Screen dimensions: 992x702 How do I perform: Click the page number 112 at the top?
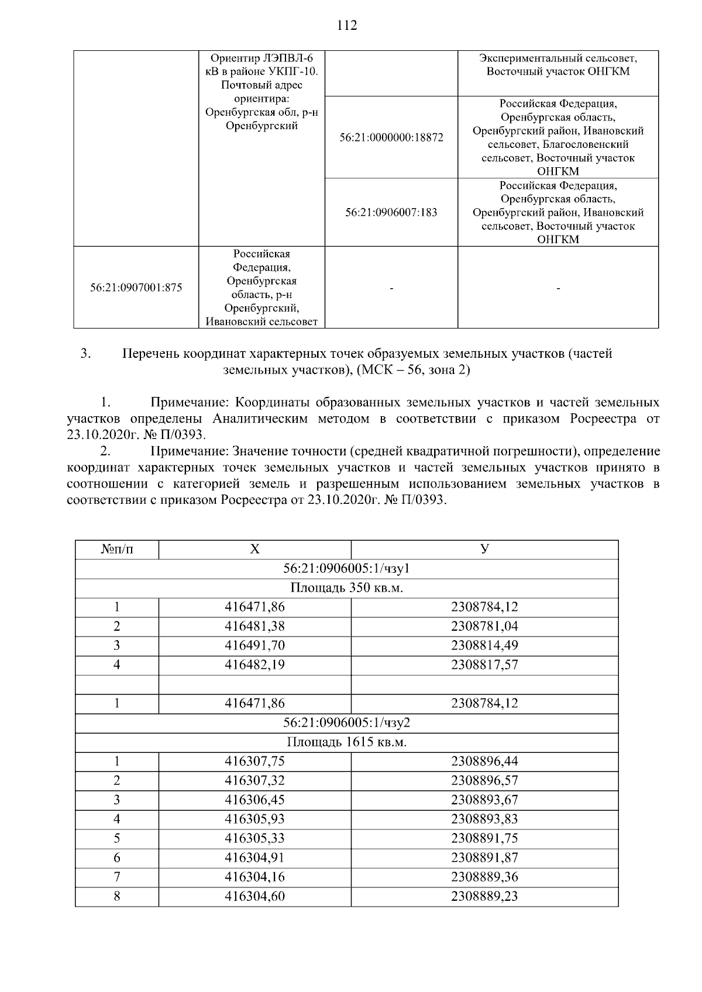pyautogui.click(x=347, y=26)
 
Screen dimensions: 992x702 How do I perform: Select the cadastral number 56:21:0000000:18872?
pyautogui.click(x=391, y=138)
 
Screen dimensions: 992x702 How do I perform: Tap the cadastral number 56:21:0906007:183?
pyautogui.click(x=391, y=213)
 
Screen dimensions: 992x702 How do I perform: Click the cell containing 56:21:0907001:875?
pyautogui.click(x=136, y=288)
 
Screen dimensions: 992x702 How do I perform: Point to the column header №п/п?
pyautogui.click(x=117, y=549)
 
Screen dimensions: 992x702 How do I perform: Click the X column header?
pyautogui.click(x=254, y=549)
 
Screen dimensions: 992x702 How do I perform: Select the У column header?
pyautogui.click(x=484, y=549)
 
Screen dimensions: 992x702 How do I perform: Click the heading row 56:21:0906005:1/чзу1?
pyautogui.click(x=346, y=568)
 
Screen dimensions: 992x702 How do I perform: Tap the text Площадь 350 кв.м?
pyautogui.click(x=346, y=587)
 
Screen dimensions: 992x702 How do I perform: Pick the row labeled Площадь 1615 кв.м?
pyautogui.click(x=346, y=742)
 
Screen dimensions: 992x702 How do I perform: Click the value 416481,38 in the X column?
pyautogui.click(x=254, y=626)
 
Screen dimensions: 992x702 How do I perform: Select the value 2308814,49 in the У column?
pyautogui.click(x=484, y=645)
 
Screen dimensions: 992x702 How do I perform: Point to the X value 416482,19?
pyautogui.click(x=254, y=665)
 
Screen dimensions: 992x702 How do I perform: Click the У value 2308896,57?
pyautogui.click(x=484, y=780)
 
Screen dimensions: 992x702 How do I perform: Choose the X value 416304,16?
pyautogui.click(x=254, y=877)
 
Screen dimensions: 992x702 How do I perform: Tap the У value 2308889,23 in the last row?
pyautogui.click(x=484, y=896)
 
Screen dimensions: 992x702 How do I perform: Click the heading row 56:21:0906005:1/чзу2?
pyautogui.click(x=346, y=723)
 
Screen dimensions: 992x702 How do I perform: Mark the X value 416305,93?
pyautogui.click(x=254, y=819)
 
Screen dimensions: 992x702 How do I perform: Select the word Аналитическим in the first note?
pyautogui.click(x=261, y=419)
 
